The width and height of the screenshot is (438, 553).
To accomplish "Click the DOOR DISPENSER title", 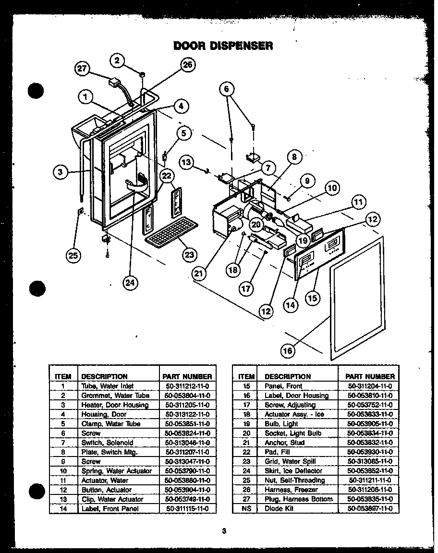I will tap(223, 46).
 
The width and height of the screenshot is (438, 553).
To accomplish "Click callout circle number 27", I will tap(83, 69).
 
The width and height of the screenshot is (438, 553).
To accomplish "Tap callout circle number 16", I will tap(288, 351).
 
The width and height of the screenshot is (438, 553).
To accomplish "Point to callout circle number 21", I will tap(198, 273).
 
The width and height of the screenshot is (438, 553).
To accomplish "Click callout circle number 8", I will tap(294, 157).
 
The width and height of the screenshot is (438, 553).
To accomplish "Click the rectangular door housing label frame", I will tap(356, 298).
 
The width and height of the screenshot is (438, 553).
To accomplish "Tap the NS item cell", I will tap(246, 509).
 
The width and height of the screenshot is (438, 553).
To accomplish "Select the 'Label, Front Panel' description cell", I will tap(110, 509).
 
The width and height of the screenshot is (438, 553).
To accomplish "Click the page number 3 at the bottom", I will tap(224, 531).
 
